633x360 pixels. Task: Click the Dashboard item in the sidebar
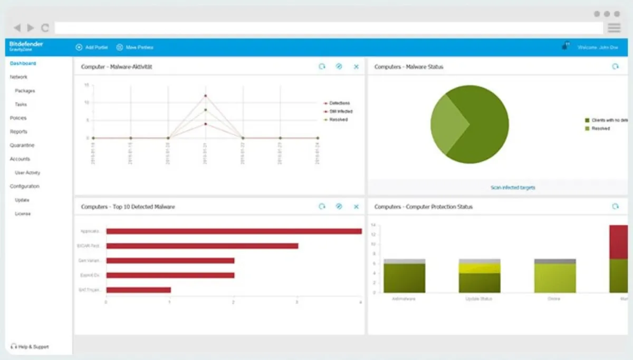click(23, 64)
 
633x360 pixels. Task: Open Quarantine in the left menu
click(22, 145)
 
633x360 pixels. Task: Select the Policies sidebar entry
click(18, 118)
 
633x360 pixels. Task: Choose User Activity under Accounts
click(27, 173)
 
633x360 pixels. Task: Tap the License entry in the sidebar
click(23, 214)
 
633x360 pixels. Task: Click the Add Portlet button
click(92, 47)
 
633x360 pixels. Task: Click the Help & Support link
click(30, 347)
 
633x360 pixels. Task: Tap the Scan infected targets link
click(513, 188)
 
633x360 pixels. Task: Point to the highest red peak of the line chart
click(205, 96)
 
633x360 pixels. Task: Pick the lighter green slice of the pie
click(447, 125)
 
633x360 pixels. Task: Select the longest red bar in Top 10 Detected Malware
click(234, 231)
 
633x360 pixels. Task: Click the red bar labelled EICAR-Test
click(202, 246)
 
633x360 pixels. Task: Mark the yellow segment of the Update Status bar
click(479, 268)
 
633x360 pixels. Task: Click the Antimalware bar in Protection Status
click(405, 278)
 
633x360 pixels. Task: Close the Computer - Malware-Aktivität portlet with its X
click(356, 67)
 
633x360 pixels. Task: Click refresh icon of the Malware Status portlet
click(615, 67)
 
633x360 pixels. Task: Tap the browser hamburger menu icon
click(614, 28)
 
